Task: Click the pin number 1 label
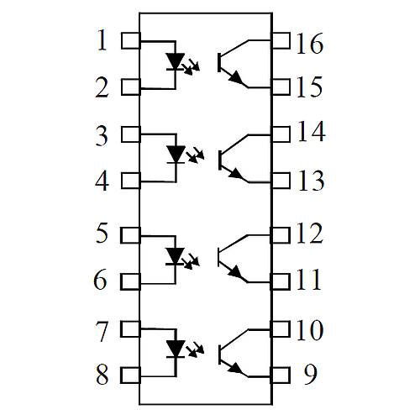[x=102, y=40]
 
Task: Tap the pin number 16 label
[x=310, y=43]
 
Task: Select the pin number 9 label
[x=310, y=375]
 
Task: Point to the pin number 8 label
[x=102, y=375]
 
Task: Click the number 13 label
[x=312, y=181]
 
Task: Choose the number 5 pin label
[x=102, y=233]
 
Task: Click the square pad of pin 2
[x=131, y=87]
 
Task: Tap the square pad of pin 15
[x=281, y=87]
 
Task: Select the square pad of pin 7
[x=130, y=328]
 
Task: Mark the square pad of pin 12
[x=280, y=235]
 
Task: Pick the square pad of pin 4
[x=131, y=181]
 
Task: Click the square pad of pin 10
[x=280, y=328]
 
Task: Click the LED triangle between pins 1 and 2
[x=175, y=60]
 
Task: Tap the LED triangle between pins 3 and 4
[x=176, y=154]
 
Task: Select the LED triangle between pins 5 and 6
[x=175, y=255]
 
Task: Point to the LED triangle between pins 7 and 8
[x=176, y=349]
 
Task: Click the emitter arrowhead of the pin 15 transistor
[x=236, y=77]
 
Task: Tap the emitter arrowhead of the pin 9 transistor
[x=236, y=368]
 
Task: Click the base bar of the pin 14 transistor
[x=220, y=160]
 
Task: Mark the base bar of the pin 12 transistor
[x=219, y=257]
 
